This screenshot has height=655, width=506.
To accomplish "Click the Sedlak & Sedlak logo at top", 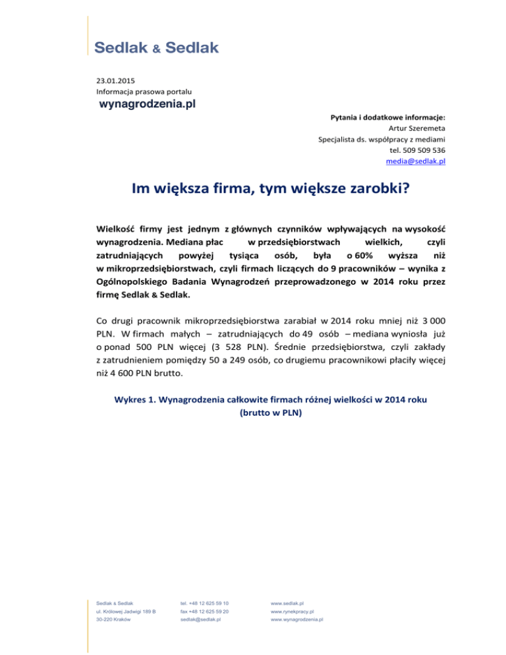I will tap(157, 48).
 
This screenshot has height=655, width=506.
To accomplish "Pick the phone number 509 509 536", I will tap(427, 150).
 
